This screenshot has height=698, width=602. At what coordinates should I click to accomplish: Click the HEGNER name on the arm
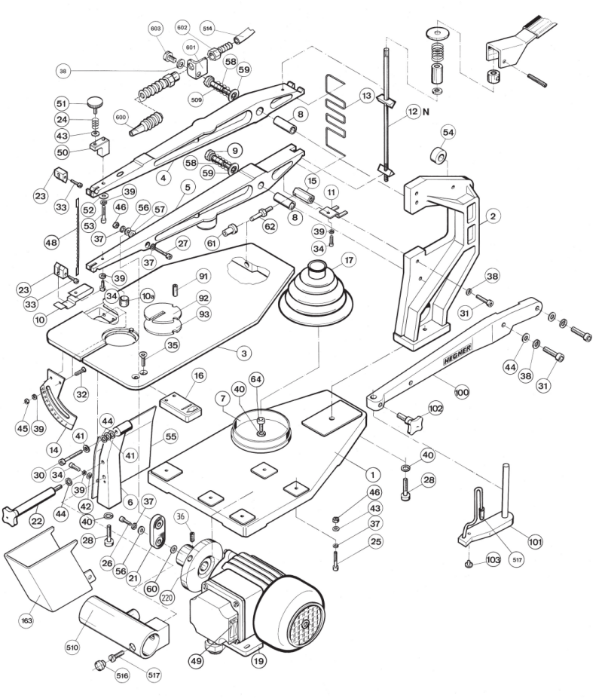pyautogui.click(x=457, y=355)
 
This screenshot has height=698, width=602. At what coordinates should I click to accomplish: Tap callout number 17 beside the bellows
pyautogui.click(x=348, y=259)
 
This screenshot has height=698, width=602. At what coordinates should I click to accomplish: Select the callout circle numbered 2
pyautogui.click(x=493, y=216)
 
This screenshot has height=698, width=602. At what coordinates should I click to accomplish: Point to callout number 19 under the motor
pyautogui.click(x=258, y=660)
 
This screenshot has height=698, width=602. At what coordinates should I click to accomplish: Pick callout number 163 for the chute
pyautogui.click(x=26, y=620)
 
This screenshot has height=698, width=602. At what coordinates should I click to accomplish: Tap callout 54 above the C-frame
pyautogui.click(x=448, y=132)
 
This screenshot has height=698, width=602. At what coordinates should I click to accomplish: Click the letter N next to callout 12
pyautogui.click(x=426, y=112)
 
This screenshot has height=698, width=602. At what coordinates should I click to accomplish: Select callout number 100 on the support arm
pyautogui.click(x=462, y=392)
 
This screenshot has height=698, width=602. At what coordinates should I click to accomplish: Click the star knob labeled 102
pyautogui.click(x=411, y=421)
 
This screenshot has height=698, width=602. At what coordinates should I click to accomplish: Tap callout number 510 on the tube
pyautogui.click(x=72, y=647)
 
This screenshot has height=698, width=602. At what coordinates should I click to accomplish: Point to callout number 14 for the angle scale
pyautogui.click(x=53, y=449)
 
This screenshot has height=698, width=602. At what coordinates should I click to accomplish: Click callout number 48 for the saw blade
pyautogui.click(x=51, y=243)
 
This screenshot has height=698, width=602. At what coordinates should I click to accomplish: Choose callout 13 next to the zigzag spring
pyautogui.click(x=366, y=96)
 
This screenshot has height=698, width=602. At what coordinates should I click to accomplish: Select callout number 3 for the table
pyautogui.click(x=244, y=354)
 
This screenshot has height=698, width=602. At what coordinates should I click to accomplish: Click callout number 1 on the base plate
pyautogui.click(x=373, y=475)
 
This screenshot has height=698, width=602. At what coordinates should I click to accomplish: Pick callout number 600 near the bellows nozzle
pyautogui.click(x=121, y=118)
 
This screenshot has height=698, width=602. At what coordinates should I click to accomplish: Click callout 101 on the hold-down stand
pyautogui.click(x=535, y=542)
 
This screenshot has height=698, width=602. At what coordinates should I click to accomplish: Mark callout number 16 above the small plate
pyautogui.click(x=199, y=375)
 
